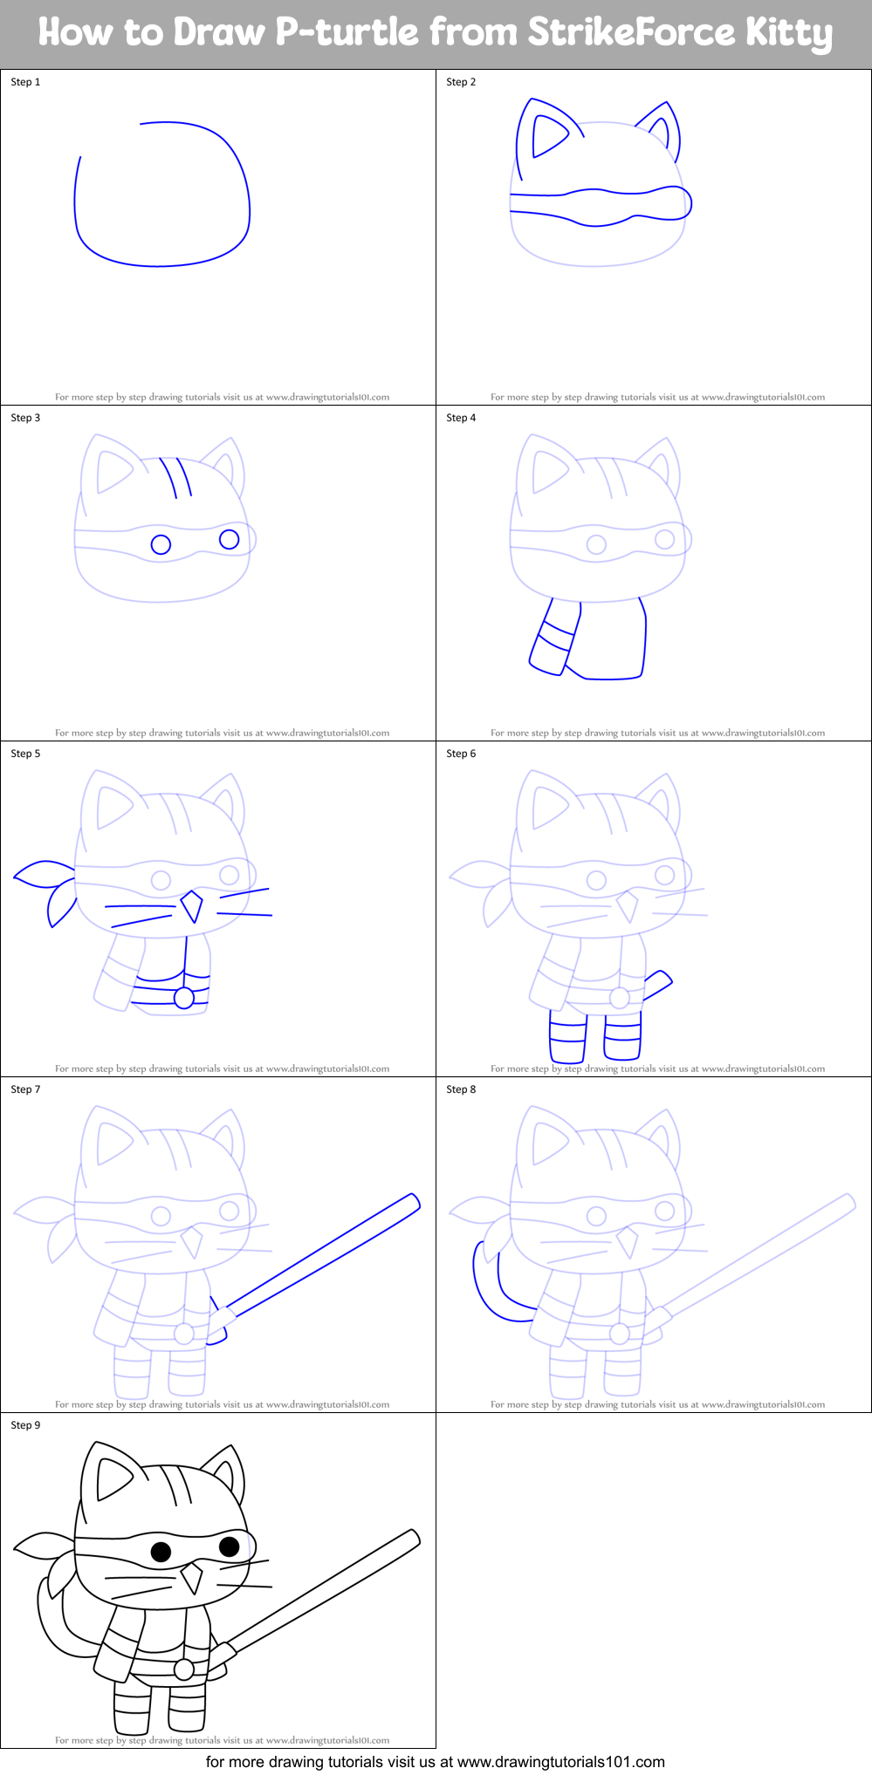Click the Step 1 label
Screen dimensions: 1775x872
[x=25, y=82]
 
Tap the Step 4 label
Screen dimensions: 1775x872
[x=461, y=418]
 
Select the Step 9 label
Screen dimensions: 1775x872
[x=25, y=1425]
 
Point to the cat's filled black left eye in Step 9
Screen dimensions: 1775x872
[x=161, y=1552]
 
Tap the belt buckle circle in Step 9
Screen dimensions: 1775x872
[x=183, y=1669]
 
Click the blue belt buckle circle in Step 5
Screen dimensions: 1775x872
[x=183, y=998]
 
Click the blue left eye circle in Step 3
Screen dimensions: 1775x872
[x=161, y=544]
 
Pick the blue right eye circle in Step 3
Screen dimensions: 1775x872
[x=229, y=539]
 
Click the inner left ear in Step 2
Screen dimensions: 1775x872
[x=548, y=135]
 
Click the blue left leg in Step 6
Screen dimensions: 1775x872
[x=567, y=1038]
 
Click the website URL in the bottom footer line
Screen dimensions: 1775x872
[x=561, y=1762]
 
